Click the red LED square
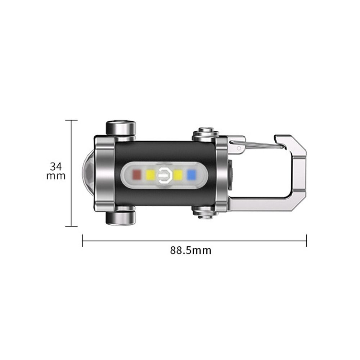(x=137, y=175)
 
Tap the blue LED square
(x=191, y=175)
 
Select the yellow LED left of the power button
(x=150, y=175)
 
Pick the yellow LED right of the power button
(x=178, y=175)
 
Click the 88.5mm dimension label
(x=190, y=251)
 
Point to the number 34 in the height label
(x=56, y=166)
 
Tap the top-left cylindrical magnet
(x=121, y=128)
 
